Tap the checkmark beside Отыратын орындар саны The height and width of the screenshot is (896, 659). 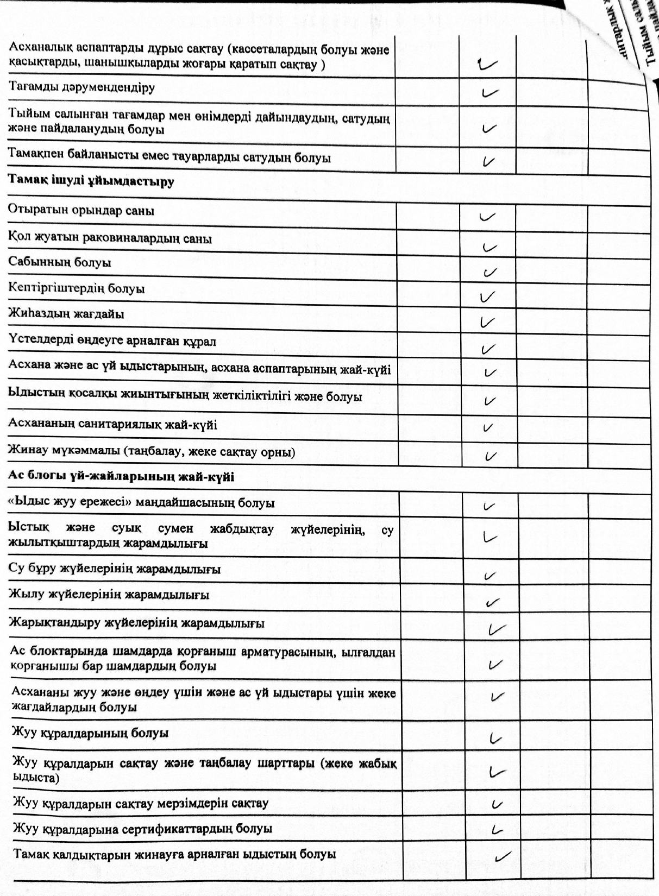(487, 217)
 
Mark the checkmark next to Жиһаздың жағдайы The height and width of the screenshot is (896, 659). (487, 322)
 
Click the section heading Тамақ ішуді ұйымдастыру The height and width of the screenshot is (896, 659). (91, 181)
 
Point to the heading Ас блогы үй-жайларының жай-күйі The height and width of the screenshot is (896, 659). (121, 477)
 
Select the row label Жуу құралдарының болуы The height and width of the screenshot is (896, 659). (90, 733)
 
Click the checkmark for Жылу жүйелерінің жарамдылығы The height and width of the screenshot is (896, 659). (493, 602)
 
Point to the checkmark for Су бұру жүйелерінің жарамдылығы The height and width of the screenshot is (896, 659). (489, 576)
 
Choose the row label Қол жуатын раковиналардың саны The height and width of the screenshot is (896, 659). (110, 238)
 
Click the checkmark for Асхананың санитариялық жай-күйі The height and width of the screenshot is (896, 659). (488, 427)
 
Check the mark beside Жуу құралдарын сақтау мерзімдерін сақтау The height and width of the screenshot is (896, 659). (495, 804)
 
